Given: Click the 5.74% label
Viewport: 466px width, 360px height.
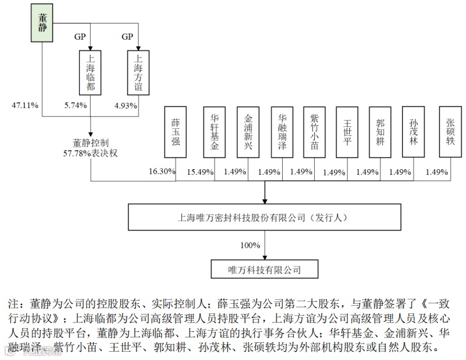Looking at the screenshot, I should (76, 105).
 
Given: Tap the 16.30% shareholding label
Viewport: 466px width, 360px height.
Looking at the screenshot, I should (162, 172).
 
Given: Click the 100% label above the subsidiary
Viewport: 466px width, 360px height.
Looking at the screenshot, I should (250, 245).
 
